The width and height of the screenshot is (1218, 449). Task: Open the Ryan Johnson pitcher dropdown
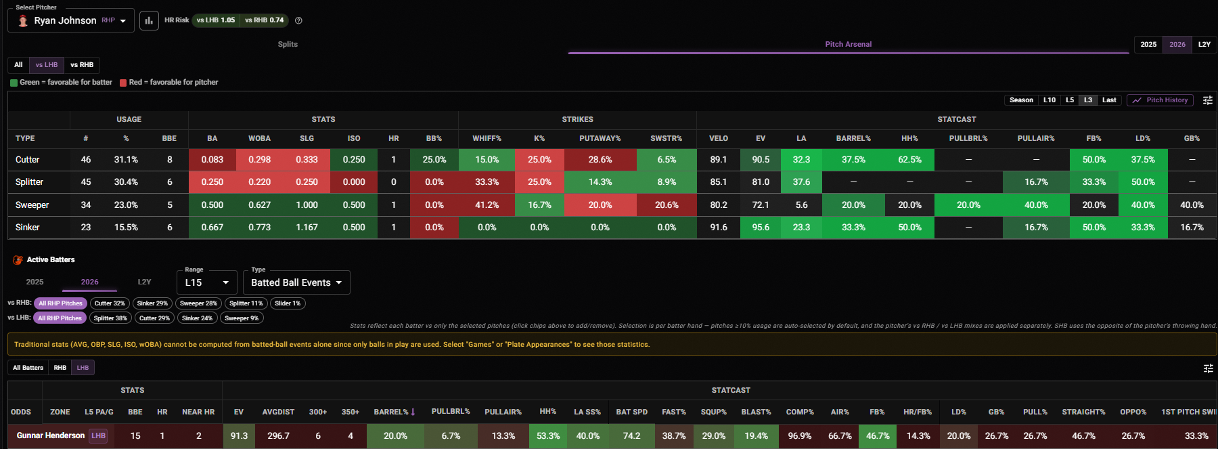point(71,20)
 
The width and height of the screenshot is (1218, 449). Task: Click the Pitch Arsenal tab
point(848,44)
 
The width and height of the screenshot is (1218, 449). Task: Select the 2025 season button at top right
point(1148,44)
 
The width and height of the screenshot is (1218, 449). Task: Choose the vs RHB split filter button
point(82,65)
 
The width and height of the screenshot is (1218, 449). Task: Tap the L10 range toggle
point(1049,100)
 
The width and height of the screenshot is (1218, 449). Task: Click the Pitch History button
point(1160,100)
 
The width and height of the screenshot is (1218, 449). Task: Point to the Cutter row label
point(28,160)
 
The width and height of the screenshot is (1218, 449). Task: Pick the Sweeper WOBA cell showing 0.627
point(259,205)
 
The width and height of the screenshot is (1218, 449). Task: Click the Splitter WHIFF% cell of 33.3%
point(487,182)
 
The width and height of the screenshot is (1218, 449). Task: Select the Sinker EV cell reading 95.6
point(761,228)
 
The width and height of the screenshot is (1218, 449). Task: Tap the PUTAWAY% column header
point(600,138)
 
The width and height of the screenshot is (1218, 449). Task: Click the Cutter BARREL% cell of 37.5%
point(853,160)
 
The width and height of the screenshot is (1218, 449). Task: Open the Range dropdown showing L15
point(207,282)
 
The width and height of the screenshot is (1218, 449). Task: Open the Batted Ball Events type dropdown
point(296,282)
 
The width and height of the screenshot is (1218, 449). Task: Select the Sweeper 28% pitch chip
point(198,303)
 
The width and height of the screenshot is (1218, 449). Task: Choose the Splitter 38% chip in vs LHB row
point(110,318)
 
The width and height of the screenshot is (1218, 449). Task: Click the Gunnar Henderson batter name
point(51,435)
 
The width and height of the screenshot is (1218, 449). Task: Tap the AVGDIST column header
point(278,412)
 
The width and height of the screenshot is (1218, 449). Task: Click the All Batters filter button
point(28,368)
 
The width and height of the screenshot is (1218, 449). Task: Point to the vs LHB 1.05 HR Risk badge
point(216,20)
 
